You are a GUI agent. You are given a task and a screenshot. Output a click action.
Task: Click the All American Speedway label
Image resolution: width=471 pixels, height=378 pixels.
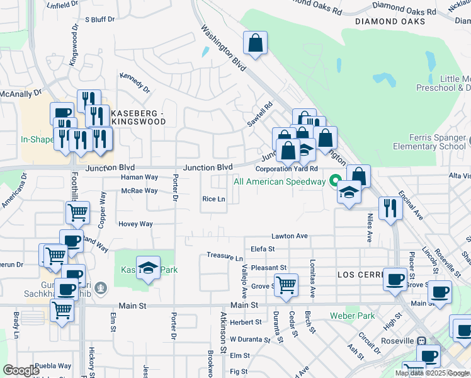(279, 181)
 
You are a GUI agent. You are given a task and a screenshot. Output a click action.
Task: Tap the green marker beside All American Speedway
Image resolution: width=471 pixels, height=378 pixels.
(334, 181)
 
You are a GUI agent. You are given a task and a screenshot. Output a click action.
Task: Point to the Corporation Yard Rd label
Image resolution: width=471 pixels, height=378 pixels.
(287, 169)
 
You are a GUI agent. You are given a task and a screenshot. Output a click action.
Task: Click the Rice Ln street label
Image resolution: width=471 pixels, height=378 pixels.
(213, 199)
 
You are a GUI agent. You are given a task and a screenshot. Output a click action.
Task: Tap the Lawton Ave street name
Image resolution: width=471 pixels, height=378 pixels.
(289, 236)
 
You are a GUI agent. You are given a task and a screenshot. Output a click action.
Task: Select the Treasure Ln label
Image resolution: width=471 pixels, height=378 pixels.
(225, 257)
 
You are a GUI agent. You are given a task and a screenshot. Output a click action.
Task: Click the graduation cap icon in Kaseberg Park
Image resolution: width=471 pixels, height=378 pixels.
(148, 268)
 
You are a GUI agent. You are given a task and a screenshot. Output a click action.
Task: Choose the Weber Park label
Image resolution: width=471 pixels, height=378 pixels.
(352, 316)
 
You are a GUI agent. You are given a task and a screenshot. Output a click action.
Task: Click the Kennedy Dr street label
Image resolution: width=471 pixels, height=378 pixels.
(135, 83)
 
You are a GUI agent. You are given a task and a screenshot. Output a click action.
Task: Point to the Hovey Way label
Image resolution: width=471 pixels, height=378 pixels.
(135, 224)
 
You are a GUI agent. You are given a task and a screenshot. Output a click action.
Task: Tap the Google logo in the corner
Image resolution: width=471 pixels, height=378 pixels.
(21, 370)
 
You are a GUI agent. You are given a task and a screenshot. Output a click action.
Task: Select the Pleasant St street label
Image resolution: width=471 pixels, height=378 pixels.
(268, 268)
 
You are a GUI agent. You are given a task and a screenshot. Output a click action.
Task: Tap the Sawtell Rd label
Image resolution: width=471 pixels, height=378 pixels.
(259, 115)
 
